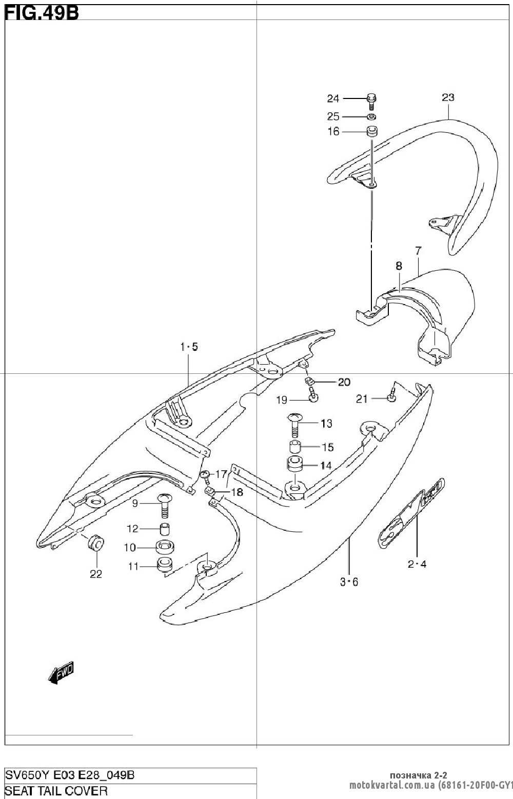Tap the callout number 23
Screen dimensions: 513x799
coord(448,97)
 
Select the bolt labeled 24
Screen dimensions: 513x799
coord(372,101)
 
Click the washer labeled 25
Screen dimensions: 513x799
coord(372,116)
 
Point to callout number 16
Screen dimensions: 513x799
coord(333,132)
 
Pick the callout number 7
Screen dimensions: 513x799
coord(419,250)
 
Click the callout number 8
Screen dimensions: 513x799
coord(399,266)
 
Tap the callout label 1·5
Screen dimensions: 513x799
coord(189,346)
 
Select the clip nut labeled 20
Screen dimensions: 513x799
coord(309,381)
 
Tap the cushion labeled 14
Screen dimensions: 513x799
coord(294,465)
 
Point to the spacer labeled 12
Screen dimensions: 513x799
coord(164,529)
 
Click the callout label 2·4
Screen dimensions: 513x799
coord(417,564)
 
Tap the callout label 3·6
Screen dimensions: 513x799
coord(349,582)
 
